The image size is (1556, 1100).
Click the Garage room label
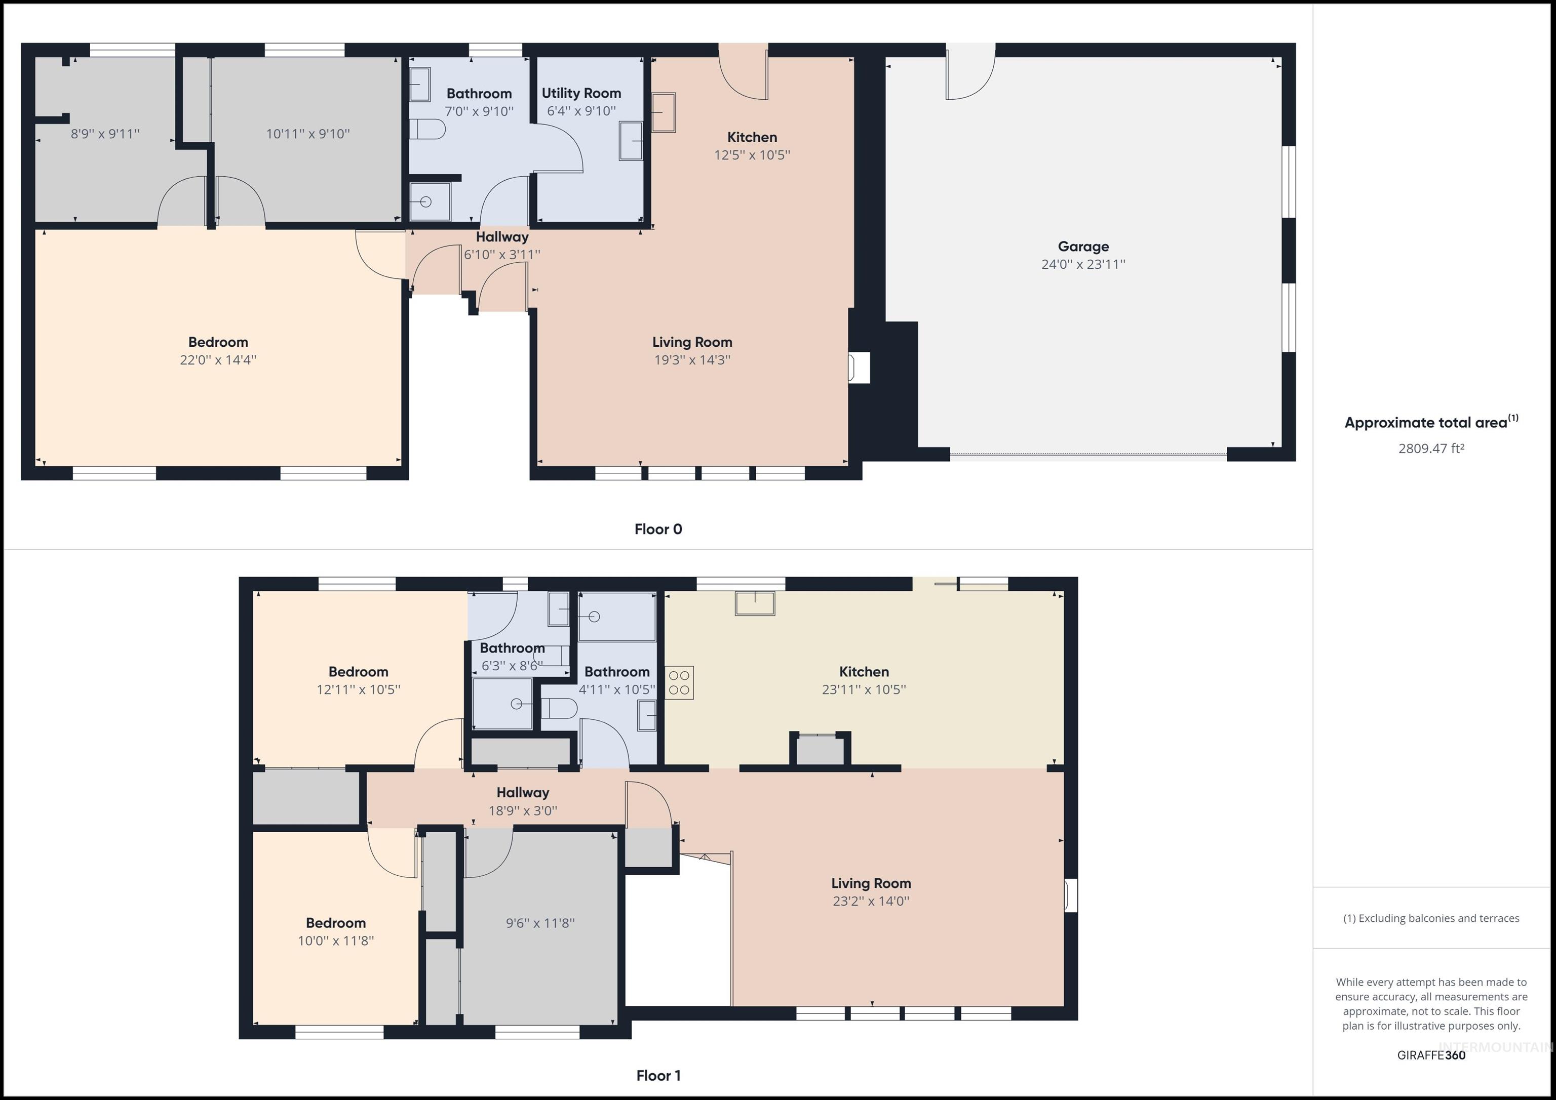pyautogui.click(x=1083, y=247)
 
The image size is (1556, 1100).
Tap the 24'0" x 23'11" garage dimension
pyautogui.click(x=1083, y=265)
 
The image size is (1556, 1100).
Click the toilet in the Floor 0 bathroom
pyautogui.click(x=427, y=129)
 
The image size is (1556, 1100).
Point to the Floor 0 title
pyautogui.click(x=657, y=529)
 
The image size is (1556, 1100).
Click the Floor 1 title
pyautogui.click(x=657, y=1075)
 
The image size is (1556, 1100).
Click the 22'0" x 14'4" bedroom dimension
pyautogui.click(x=217, y=360)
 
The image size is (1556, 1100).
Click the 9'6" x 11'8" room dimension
pyautogui.click(x=540, y=922)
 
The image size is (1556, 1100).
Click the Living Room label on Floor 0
pyautogui.click(x=692, y=342)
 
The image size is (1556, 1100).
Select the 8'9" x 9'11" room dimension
pyautogui.click(x=105, y=134)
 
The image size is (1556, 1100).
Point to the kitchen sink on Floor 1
pyautogui.click(x=755, y=603)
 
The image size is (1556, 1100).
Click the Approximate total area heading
pyautogui.click(x=1426, y=423)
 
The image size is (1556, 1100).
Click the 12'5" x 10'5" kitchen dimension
pyautogui.click(x=752, y=155)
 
